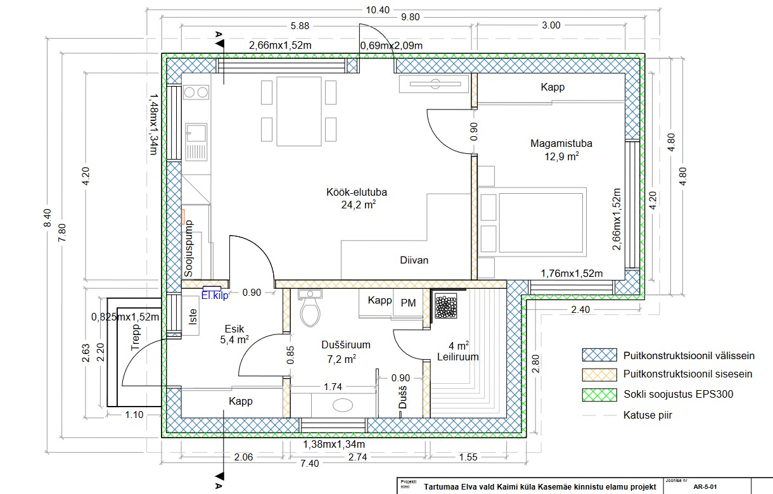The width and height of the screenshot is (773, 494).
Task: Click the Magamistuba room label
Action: click(x=561, y=143)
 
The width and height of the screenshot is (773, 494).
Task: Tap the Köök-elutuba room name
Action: click(x=357, y=192)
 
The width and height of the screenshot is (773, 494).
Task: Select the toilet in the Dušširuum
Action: click(x=310, y=308)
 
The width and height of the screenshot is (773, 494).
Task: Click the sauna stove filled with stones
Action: click(x=446, y=306)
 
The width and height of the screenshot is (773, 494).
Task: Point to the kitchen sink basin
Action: click(x=196, y=132)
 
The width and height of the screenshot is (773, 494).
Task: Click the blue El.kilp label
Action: click(x=215, y=295)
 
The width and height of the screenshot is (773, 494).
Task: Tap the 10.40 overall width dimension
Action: click(x=378, y=10)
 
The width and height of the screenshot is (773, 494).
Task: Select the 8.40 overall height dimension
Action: click(x=48, y=218)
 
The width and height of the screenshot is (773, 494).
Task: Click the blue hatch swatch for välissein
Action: click(x=599, y=355)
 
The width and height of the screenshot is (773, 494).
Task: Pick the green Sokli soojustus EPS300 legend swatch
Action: click(x=599, y=395)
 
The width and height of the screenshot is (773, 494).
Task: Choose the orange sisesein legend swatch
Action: click(x=599, y=375)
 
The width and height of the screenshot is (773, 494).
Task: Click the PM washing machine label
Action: click(x=408, y=303)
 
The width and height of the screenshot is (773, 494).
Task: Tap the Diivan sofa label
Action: click(x=414, y=260)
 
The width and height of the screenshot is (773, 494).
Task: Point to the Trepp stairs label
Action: click(x=136, y=337)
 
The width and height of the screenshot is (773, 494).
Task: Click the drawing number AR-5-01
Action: click(x=705, y=487)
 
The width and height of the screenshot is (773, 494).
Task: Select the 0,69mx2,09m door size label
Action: click(x=392, y=46)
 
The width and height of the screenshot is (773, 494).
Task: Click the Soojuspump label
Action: click(x=188, y=249)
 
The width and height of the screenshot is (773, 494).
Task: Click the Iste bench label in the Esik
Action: click(x=193, y=317)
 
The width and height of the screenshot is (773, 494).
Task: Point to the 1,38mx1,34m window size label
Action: click(x=334, y=445)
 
